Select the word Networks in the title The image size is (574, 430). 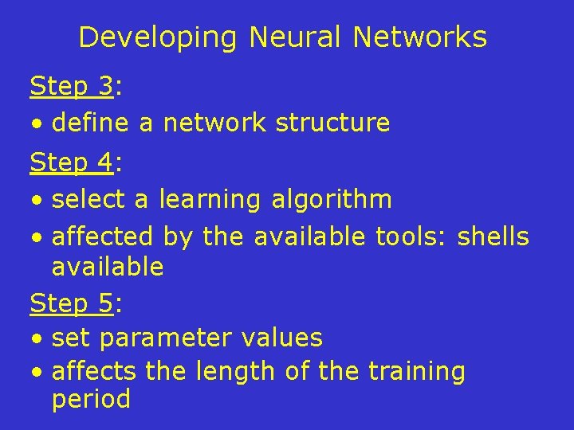click(419, 37)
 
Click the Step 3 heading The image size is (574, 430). click(72, 85)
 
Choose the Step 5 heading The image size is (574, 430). click(72, 303)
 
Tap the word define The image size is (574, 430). click(91, 123)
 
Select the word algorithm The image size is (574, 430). click(332, 200)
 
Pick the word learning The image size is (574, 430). click(210, 200)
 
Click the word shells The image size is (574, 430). click(493, 236)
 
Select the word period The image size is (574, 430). click(91, 400)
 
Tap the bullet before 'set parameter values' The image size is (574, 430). click(37, 339)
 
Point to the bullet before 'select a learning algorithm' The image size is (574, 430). click(37, 201)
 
